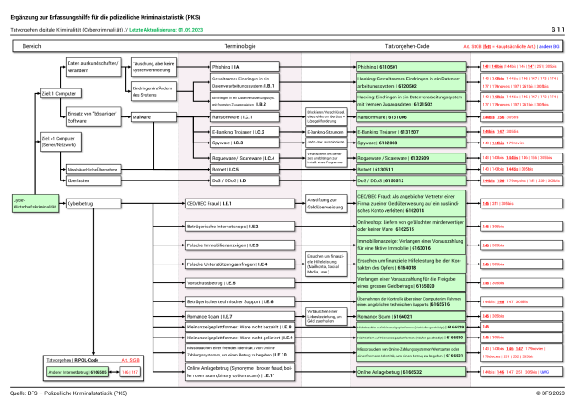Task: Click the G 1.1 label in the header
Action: point(557,29)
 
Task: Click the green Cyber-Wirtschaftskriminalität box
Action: point(28,204)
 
